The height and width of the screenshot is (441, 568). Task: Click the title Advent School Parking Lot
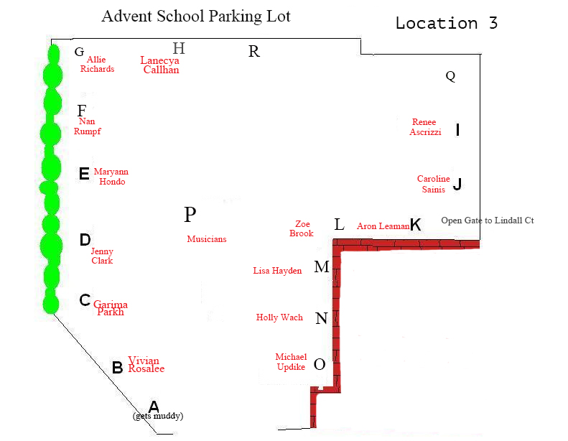(x=196, y=17)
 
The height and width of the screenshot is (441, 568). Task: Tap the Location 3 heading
(x=447, y=23)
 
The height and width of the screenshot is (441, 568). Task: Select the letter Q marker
(x=450, y=76)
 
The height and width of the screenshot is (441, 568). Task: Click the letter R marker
(x=254, y=52)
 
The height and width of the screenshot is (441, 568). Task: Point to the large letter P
(x=190, y=214)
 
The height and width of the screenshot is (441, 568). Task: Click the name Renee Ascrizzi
(x=425, y=127)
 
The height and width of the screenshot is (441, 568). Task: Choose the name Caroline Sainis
(x=434, y=184)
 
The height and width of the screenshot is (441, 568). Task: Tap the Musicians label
(x=207, y=238)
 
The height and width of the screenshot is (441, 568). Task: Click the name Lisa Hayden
(x=277, y=271)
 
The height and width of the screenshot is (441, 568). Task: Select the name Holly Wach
(x=279, y=317)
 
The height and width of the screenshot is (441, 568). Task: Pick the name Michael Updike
(x=291, y=362)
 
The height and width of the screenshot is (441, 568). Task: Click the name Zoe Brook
(x=302, y=228)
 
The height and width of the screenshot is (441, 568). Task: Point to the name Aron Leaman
(x=383, y=226)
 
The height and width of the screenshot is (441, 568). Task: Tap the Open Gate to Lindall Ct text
(x=488, y=220)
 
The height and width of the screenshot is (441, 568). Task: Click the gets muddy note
(x=158, y=416)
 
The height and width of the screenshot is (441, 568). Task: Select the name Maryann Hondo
(x=111, y=177)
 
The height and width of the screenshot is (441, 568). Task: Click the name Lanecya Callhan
(x=159, y=65)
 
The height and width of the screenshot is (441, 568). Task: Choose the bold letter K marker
(x=416, y=225)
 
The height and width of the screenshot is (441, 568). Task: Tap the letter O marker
(x=319, y=364)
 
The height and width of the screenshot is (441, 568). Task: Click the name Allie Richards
(x=97, y=64)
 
